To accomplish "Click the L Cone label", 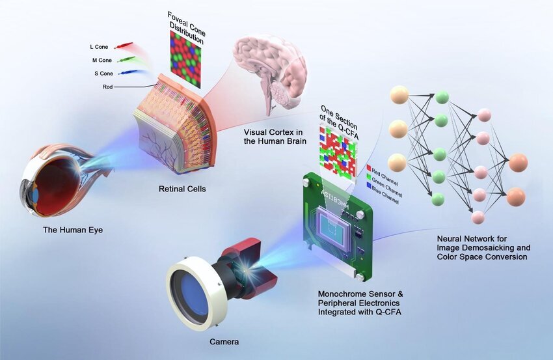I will (99, 47).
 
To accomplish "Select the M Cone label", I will (99, 60).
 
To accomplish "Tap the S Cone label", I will (99, 73).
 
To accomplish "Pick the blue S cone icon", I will (126, 73).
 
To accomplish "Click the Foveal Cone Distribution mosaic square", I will (185, 59).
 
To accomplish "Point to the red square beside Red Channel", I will (369, 168).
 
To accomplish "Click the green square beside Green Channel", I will (369, 177).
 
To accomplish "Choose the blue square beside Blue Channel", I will (369, 186).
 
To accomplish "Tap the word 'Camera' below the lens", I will (224, 341).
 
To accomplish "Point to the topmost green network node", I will (442, 98).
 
